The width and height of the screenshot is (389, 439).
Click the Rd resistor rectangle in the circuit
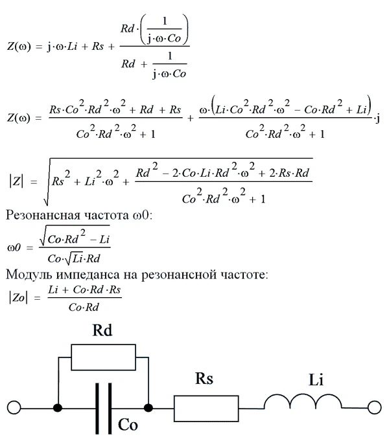(104, 355)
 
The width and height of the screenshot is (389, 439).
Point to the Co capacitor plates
(103, 408)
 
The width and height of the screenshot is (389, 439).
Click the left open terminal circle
(14, 408)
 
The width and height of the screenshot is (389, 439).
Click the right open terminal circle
(374, 408)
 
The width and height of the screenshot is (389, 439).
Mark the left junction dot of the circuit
(58, 408)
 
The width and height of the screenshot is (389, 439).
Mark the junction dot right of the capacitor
(149, 408)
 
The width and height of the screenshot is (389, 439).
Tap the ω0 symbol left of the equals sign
(14, 247)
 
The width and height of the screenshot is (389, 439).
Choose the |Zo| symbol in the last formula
(19, 299)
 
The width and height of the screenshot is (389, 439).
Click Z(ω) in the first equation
(19, 47)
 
